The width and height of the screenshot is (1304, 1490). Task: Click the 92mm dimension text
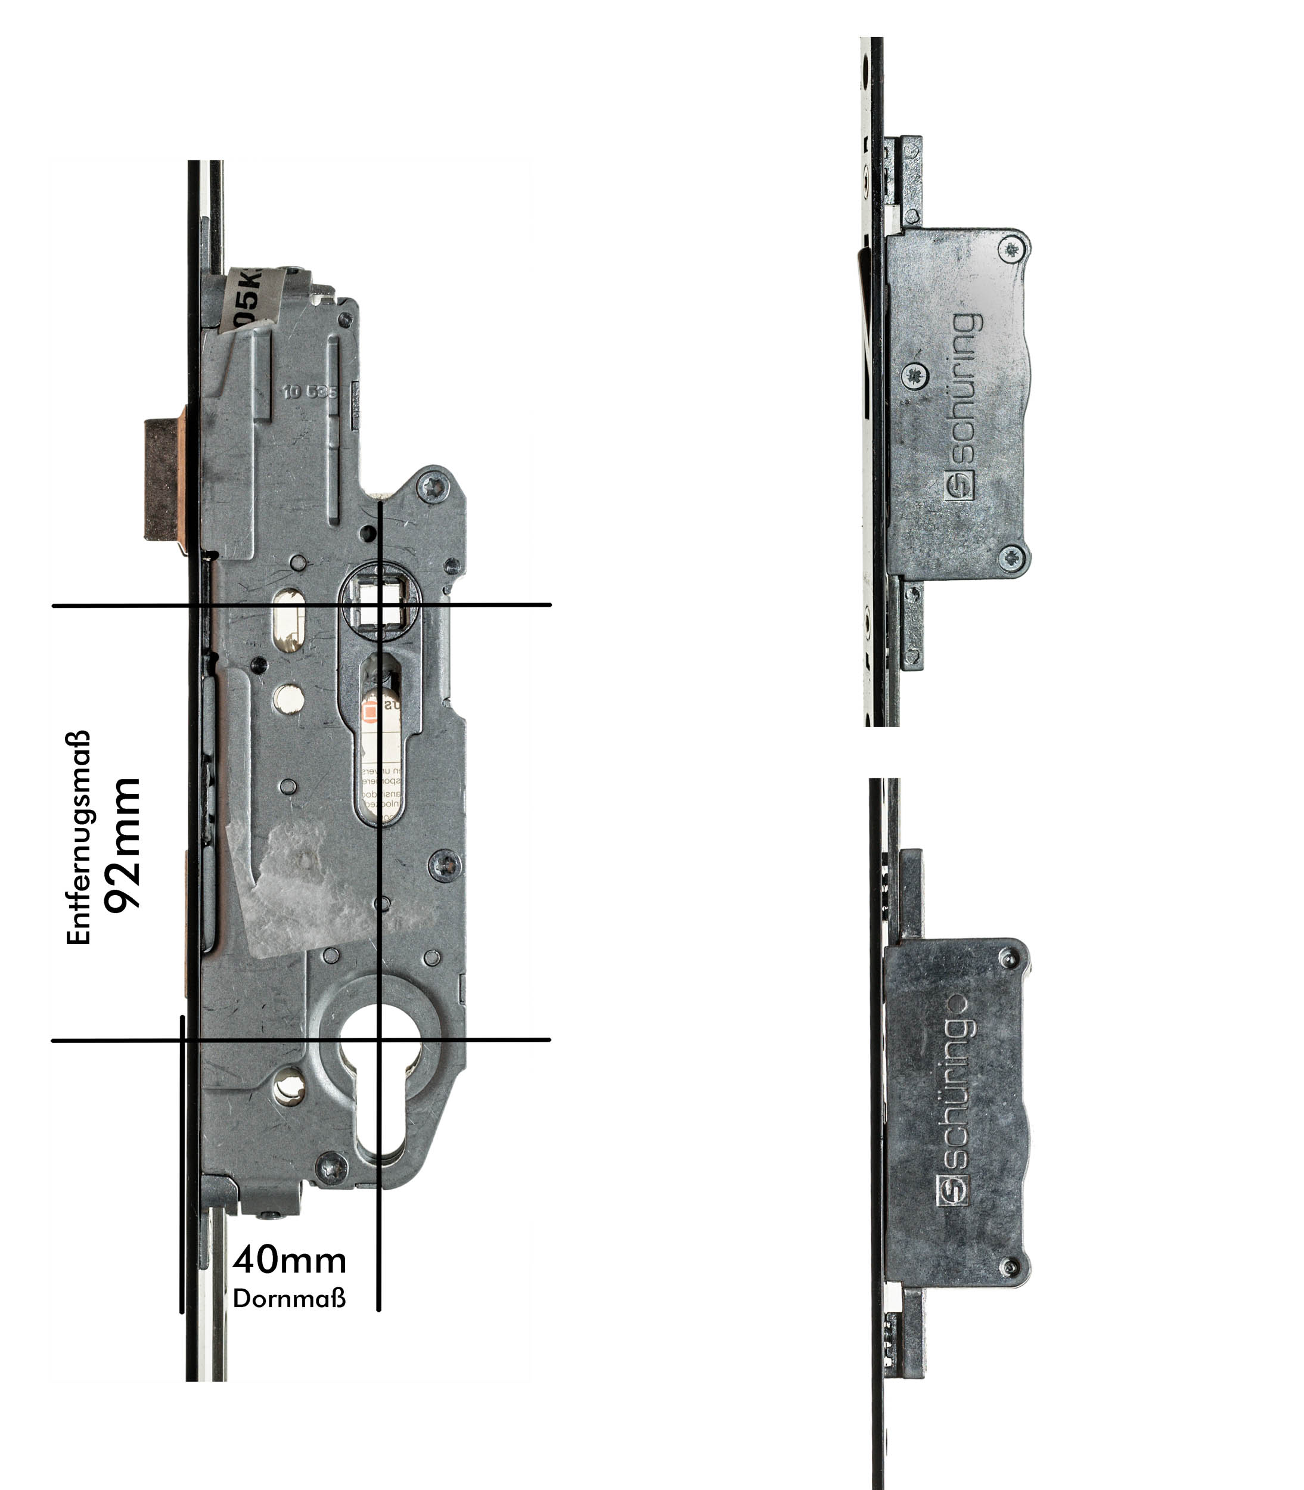(122, 845)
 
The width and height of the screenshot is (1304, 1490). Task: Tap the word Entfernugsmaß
(79, 837)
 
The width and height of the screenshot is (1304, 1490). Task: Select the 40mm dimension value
(290, 1261)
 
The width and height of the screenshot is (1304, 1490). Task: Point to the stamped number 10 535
(310, 392)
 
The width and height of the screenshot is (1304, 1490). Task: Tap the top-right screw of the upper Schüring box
(1011, 250)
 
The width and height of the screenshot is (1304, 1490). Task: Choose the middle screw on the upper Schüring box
(915, 376)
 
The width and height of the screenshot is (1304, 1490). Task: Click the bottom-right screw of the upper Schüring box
(1011, 558)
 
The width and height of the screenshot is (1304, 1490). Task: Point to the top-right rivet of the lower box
(1008, 959)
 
